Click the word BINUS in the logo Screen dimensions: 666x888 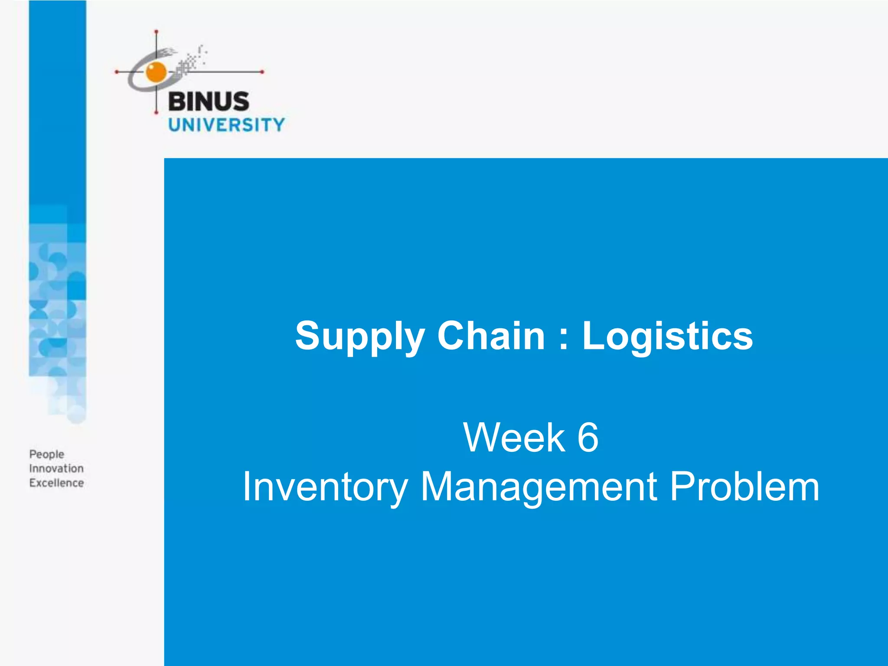tap(209, 101)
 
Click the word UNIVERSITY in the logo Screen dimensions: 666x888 tap(226, 125)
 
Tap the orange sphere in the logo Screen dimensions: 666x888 tap(156, 72)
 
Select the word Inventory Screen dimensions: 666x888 tap(325, 487)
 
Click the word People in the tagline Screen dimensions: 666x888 tap(47, 454)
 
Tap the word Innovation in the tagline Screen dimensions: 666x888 tap(56, 468)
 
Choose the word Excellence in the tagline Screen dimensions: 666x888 tap(56, 483)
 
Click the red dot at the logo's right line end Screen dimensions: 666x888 tap(262, 72)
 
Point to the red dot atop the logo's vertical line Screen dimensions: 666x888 tap(156, 32)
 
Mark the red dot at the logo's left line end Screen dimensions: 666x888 tap(116, 72)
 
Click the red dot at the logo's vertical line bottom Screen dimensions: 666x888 tap(156, 113)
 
